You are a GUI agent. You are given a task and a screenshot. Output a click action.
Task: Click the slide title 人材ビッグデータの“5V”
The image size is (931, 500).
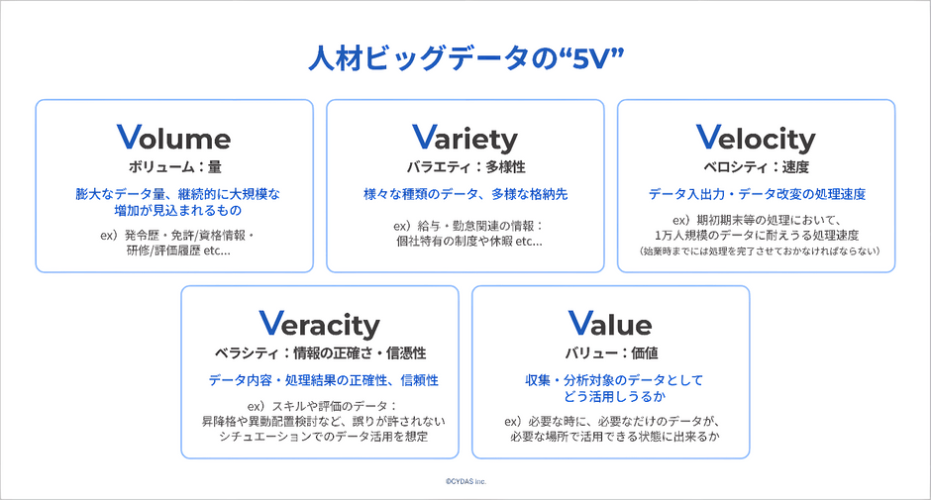click(466, 58)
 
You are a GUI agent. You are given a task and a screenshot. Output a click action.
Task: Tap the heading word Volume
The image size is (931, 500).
click(174, 138)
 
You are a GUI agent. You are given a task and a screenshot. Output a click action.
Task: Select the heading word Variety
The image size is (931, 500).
click(465, 139)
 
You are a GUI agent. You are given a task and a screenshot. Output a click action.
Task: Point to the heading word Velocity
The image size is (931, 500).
click(756, 139)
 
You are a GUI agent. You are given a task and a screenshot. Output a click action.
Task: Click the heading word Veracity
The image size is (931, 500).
click(320, 325)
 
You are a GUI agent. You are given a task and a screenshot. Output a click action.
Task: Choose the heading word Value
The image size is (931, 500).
click(610, 324)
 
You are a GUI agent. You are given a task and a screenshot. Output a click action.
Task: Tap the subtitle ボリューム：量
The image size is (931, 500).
click(174, 167)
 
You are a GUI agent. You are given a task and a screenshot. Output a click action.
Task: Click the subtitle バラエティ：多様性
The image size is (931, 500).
click(465, 167)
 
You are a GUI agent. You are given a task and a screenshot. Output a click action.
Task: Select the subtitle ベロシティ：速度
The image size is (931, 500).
click(756, 167)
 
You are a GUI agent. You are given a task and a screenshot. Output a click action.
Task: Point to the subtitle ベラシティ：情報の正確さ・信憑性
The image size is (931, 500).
click(320, 353)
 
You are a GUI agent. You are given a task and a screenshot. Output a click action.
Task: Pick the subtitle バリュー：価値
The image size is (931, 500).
click(611, 353)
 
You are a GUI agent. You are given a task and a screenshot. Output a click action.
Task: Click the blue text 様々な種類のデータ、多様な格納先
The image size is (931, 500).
click(465, 194)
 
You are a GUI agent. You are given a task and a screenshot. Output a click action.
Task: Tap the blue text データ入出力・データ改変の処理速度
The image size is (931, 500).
click(757, 194)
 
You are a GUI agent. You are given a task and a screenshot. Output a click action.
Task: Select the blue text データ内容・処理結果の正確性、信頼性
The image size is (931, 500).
click(323, 380)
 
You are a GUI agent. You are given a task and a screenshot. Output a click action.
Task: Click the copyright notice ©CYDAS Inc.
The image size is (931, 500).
click(466, 481)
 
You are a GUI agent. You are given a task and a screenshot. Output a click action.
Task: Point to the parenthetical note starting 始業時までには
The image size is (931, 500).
click(760, 251)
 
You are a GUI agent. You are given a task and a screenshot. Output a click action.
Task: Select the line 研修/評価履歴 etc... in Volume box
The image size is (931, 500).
click(178, 250)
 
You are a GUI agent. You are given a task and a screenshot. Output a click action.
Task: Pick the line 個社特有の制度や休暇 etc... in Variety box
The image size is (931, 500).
click(469, 242)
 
